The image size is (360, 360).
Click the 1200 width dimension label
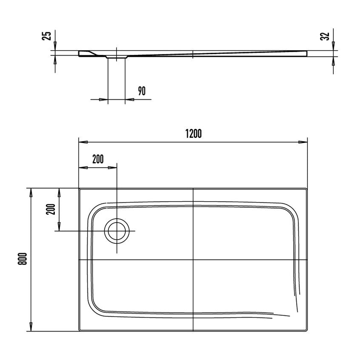[193, 134]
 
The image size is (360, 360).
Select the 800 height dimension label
[23, 259]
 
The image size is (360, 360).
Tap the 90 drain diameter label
[142, 91]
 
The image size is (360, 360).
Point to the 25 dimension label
[47, 36]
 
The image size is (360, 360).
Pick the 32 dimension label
[325, 36]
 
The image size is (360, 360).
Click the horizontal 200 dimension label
[98, 159]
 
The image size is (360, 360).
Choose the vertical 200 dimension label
[51, 209]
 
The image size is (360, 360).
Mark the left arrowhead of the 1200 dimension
[83, 142]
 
